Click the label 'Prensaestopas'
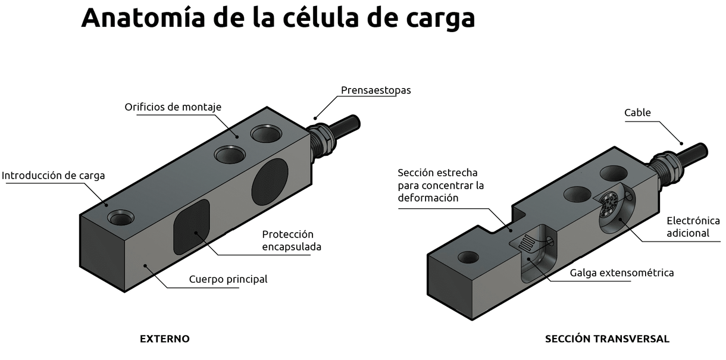tap(375, 90)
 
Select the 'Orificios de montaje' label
tap(173, 107)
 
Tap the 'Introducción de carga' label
tap(53, 176)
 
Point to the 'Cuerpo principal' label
tap(228, 279)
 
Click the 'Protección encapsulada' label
tap(292, 240)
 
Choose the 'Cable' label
tap(637, 112)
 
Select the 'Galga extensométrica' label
tap(621, 273)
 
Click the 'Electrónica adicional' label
tap(693, 227)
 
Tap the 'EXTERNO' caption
tap(164, 339)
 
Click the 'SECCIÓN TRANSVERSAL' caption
tap(607, 339)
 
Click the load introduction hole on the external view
tap(121, 218)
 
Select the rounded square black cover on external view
tap(191, 226)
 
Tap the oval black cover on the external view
tap(270, 181)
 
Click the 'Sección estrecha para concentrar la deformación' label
tap(440, 185)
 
